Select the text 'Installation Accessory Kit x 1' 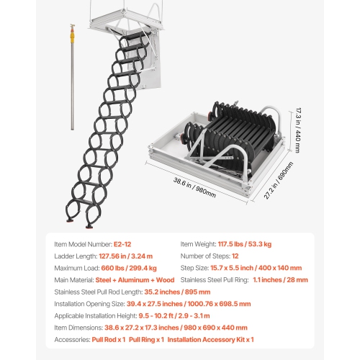(x=212, y=339)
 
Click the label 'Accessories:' (x=73, y=339)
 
